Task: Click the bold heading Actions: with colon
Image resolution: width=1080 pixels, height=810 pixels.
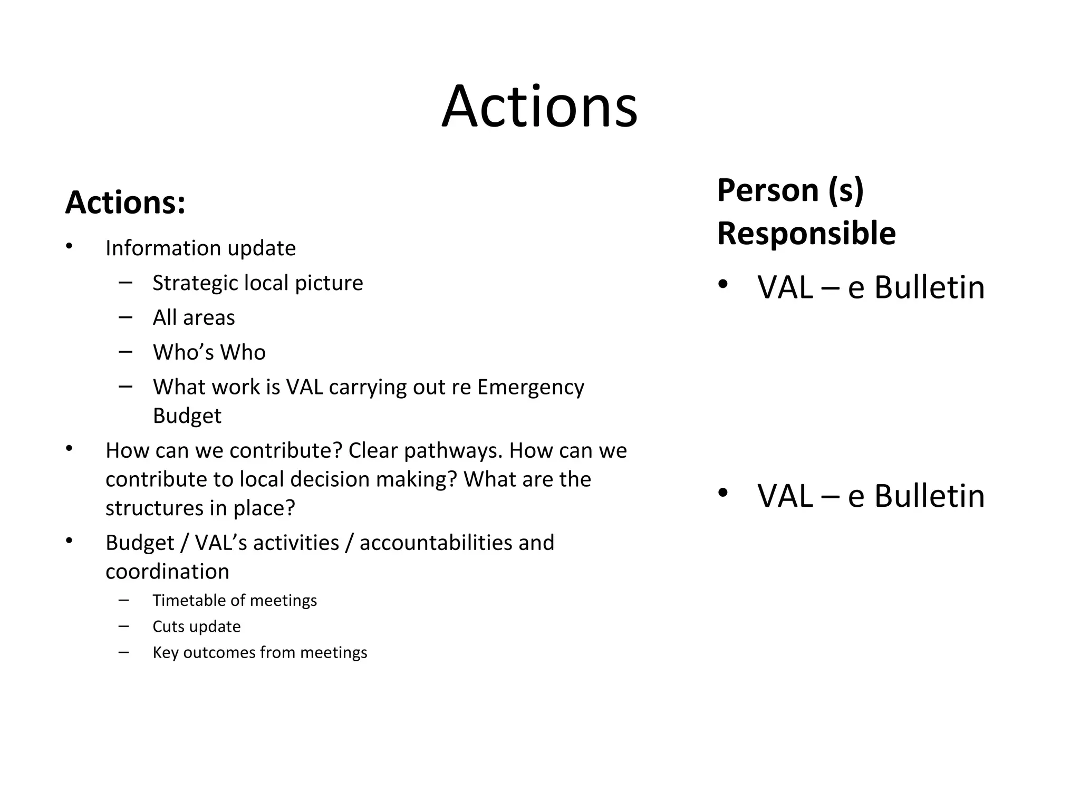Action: (x=125, y=202)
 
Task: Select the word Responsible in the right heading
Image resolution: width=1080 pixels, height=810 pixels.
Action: (x=806, y=233)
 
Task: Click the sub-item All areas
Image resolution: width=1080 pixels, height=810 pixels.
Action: (x=194, y=317)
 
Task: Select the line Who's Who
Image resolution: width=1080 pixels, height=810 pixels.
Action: (x=209, y=352)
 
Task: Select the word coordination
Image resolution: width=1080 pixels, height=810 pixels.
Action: (x=167, y=572)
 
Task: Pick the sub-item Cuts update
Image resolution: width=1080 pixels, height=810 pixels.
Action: (x=196, y=626)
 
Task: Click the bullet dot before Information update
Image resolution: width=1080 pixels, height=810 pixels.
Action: (x=69, y=246)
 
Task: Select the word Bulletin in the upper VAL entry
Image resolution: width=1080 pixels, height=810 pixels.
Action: (x=929, y=288)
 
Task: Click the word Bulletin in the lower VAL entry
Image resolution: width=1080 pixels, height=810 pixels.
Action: (x=929, y=496)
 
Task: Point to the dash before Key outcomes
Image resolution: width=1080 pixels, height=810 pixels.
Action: (x=124, y=652)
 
